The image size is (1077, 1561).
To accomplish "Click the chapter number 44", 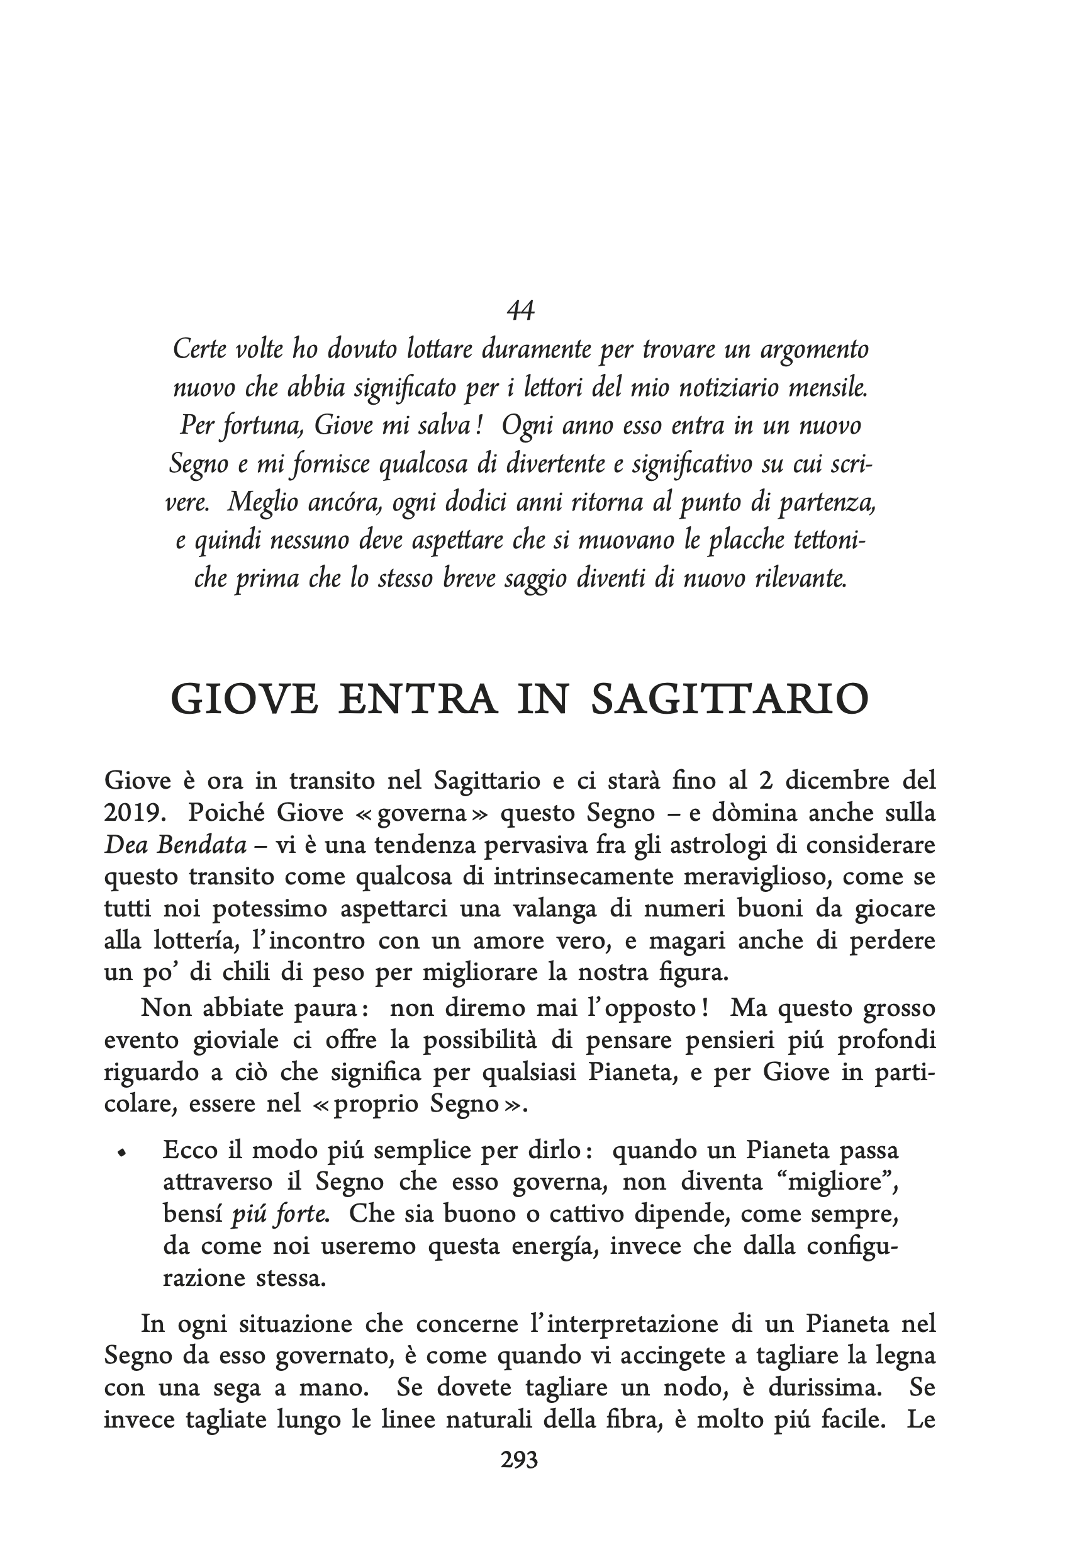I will [x=520, y=310].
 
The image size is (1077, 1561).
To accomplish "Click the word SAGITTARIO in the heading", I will [x=730, y=699].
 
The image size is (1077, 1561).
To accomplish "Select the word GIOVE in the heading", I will [x=244, y=699].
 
